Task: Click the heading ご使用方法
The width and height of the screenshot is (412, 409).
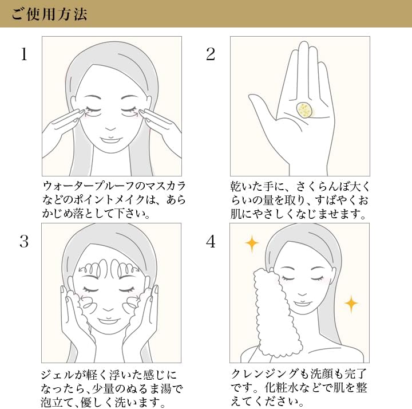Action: [x=49, y=14]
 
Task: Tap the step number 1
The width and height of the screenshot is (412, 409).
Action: [x=24, y=54]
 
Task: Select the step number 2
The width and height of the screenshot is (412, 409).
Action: [x=211, y=54]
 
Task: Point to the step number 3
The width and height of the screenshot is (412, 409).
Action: [x=24, y=242]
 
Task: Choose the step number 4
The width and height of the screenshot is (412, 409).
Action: [x=211, y=242]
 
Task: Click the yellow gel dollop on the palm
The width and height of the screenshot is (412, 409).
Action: [x=305, y=110]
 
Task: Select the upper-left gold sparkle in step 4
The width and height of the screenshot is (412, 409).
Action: [x=252, y=243]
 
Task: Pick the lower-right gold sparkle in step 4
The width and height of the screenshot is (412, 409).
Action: [x=351, y=304]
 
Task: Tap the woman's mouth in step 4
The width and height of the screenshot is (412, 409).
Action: [x=302, y=304]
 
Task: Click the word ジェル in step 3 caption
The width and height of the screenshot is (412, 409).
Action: [x=54, y=375]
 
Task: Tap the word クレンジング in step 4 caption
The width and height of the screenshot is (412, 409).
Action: [x=265, y=373]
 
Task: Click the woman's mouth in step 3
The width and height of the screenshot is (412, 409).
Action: [x=108, y=321]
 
